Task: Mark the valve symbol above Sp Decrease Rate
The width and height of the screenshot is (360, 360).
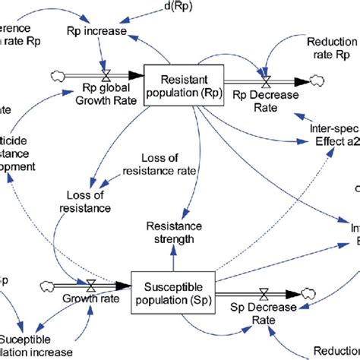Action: click(x=263, y=292)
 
